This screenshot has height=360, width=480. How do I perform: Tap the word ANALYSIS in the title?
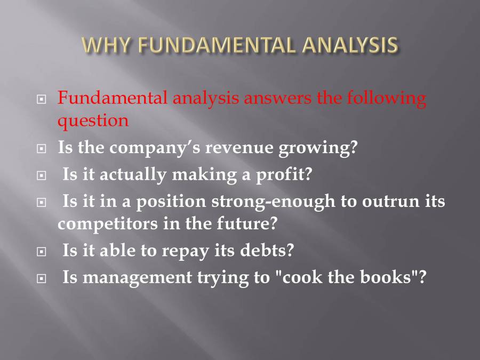pyautogui.click(x=350, y=45)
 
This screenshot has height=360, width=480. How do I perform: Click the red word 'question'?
pyautogui.click(x=93, y=121)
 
